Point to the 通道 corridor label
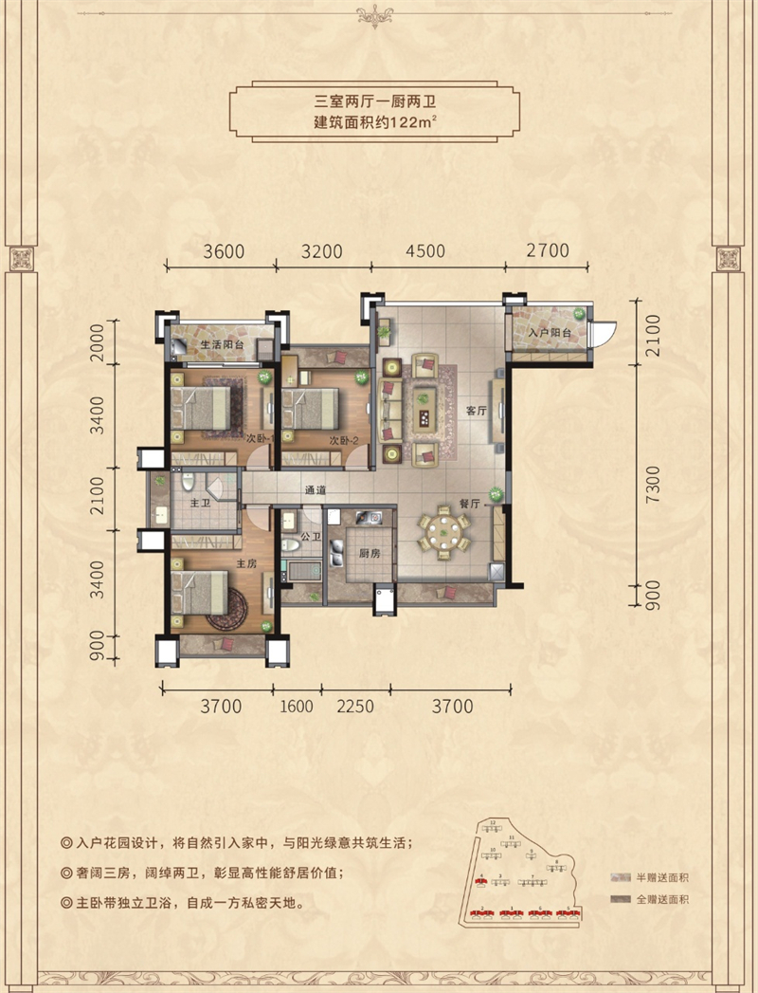coord(316,490)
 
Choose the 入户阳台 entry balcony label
coord(550,334)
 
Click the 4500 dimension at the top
coord(424,251)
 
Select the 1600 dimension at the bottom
coord(296,706)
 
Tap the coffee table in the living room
coord(422,408)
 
